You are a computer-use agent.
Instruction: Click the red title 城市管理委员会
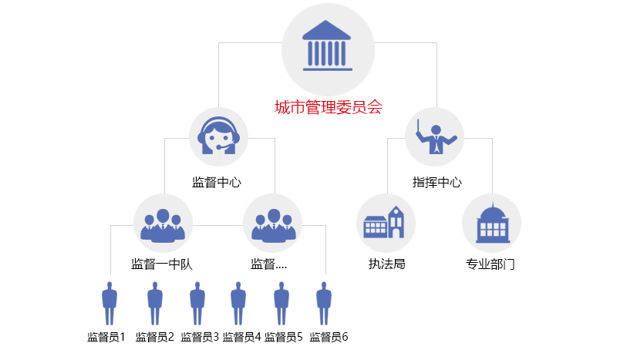(x=329, y=108)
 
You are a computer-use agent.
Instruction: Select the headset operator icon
(x=218, y=136)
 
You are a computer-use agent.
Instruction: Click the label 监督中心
(x=217, y=183)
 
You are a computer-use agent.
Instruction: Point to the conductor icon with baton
(x=434, y=136)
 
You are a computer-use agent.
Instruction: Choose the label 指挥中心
(x=437, y=183)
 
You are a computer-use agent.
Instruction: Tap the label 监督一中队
(x=162, y=264)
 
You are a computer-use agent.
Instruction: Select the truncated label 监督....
(x=269, y=264)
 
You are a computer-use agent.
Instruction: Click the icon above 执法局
(x=386, y=223)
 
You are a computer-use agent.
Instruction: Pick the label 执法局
(x=387, y=264)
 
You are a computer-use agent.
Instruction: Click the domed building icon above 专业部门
(x=491, y=223)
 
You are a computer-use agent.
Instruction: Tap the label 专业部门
(x=491, y=264)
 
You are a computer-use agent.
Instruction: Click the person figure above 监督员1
(x=110, y=303)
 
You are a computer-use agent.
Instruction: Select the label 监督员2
(x=155, y=337)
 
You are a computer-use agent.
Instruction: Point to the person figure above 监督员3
(x=197, y=303)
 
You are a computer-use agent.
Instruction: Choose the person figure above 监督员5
(x=282, y=303)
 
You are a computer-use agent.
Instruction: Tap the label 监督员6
(x=329, y=337)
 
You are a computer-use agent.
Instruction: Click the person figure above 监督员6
(x=324, y=303)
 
